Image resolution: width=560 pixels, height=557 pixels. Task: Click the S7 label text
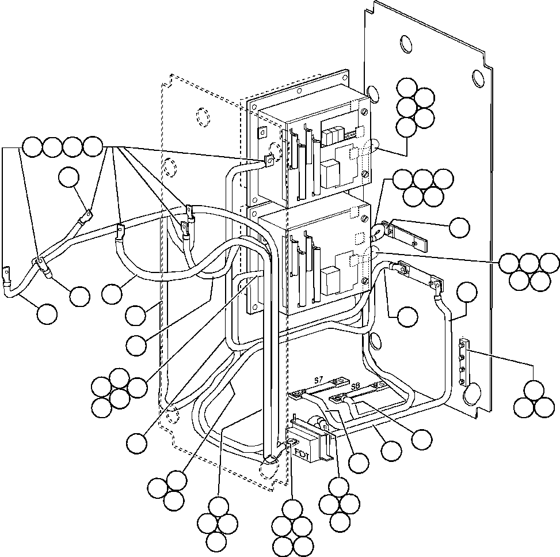pyautogui.click(x=319, y=381)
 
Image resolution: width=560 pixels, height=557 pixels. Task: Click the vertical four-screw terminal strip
pyautogui.click(x=463, y=365)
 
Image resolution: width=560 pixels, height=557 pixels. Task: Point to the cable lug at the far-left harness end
pyautogui.click(x=6, y=272)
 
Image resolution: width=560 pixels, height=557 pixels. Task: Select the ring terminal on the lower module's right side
pyautogui.click(x=377, y=233)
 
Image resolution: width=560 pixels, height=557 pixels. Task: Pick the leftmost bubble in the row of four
pyautogui.click(x=33, y=147)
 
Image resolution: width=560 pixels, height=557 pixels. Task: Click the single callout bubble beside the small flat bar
pyautogui.click(x=459, y=228)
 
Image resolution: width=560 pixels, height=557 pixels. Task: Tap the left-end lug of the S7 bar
pyautogui.click(x=298, y=395)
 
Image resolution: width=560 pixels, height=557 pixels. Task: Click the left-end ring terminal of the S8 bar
pyautogui.click(x=335, y=399)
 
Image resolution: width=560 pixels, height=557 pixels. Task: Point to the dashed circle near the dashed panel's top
pyautogui.click(x=203, y=118)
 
